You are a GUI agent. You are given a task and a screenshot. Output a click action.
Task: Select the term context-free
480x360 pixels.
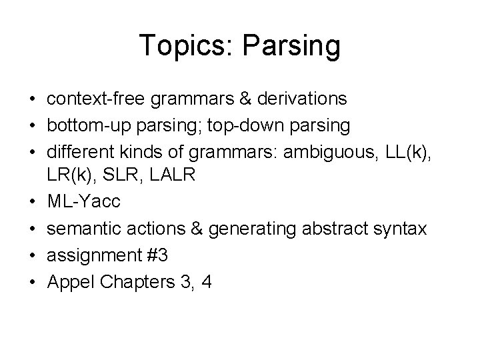(93, 99)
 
